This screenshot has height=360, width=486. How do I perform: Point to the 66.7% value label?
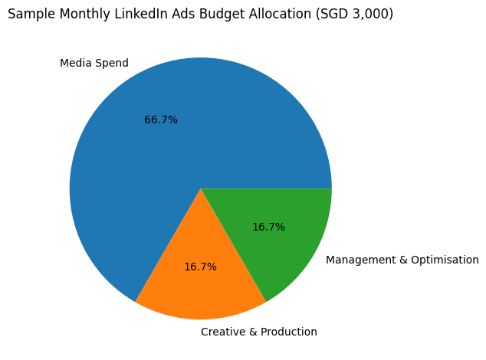click(161, 120)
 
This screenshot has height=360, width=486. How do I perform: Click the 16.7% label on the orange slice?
click(200, 267)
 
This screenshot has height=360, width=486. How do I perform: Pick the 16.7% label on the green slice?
click(268, 227)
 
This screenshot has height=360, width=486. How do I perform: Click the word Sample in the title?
click(29, 15)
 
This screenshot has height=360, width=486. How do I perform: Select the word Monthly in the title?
click(80, 15)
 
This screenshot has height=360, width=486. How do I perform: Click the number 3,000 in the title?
click(370, 15)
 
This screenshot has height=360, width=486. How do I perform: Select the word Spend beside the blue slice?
click(112, 64)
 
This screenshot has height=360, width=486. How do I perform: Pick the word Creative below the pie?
click(223, 332)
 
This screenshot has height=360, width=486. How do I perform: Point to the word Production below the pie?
click(287, 332)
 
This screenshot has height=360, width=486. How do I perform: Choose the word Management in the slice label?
click(362, 260)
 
